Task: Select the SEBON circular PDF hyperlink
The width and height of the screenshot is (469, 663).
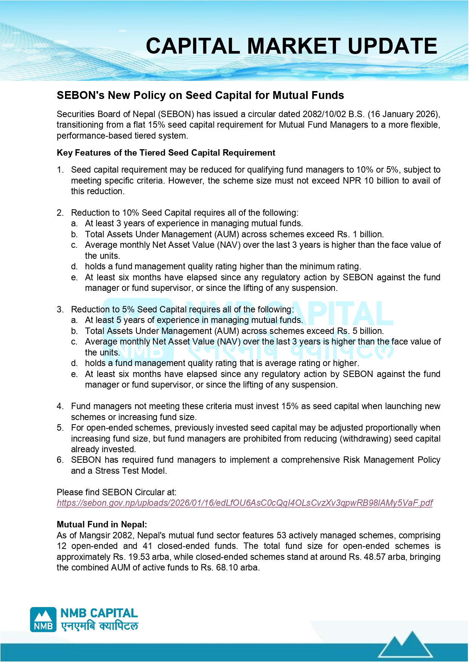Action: click(x=245, y=503)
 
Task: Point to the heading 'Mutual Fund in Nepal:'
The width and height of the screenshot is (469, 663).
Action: click(x=102, y=524)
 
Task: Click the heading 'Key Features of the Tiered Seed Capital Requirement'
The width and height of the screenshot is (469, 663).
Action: click(x=166, y=153)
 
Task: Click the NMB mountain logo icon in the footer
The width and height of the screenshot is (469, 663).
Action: click(x=43, y=620)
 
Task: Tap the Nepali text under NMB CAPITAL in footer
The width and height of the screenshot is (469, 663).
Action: click(x=99, y=626)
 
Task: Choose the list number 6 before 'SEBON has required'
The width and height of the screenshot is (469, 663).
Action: click(x=60, y=460)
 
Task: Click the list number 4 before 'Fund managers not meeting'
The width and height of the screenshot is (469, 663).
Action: click(x=60, y=406)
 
